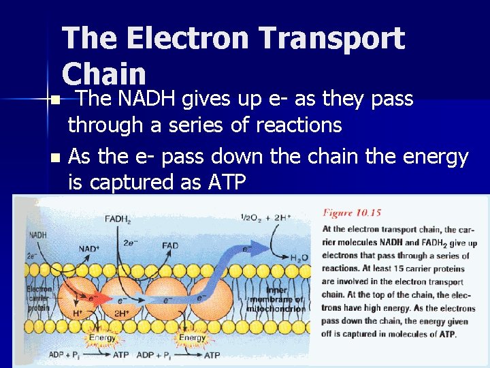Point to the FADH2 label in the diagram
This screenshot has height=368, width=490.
[x=119, y=219]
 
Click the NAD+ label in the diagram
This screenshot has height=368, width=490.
[x=88, y=248]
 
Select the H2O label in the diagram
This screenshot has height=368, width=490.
[x=297, y=257]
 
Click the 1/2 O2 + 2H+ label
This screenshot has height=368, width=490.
[x=266, y=217]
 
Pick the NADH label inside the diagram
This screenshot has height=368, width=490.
[x=39, y=235]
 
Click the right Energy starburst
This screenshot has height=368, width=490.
[x=193, y=337]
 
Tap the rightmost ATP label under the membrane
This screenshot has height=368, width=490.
[x=213, y=355]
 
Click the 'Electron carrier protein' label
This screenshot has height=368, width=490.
[x=39, y=298]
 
